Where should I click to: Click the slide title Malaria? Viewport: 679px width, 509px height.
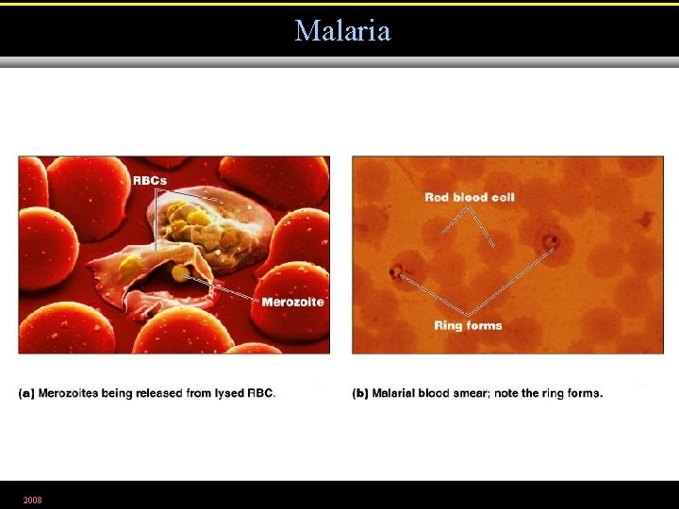(342, 30)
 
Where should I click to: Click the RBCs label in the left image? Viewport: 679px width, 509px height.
(151, 180)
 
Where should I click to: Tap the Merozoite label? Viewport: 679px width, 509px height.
(292, 302)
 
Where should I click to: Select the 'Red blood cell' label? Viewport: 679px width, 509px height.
(470, 197)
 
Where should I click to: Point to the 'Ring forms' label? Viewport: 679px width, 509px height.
(468, 325)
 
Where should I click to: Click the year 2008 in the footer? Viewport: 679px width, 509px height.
(32, 500)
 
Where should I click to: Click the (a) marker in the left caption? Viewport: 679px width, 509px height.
(26, 393)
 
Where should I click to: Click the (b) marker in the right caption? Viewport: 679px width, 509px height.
(360, 393)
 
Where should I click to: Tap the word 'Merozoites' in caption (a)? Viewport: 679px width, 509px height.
(68, 393)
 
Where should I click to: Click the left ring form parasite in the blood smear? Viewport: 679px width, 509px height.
(395, 273)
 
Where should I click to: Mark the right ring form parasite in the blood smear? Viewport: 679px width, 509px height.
(551, 242)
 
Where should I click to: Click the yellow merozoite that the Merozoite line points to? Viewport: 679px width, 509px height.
(179, 273)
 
